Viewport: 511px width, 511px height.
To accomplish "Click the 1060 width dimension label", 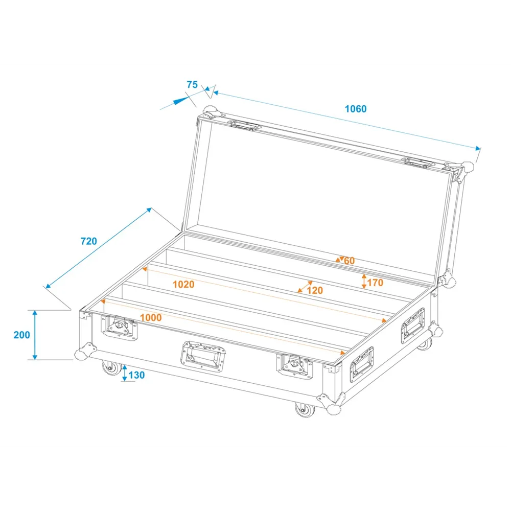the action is tap(356, 109).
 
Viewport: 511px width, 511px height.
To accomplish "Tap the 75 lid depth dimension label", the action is tap(192, 85).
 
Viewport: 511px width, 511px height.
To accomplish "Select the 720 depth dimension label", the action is tap(88, 241).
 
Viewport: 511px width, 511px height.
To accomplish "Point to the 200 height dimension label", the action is tap(22, 335).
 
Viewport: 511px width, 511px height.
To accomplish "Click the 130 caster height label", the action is tap(136, 375).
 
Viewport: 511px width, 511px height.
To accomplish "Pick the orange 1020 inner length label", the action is tap(183, 285).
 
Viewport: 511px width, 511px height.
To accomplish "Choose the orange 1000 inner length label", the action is tap(151, 317).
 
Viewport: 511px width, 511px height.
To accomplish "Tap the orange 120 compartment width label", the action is tap(315, 290).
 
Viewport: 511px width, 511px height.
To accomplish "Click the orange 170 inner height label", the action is tap(375, 283).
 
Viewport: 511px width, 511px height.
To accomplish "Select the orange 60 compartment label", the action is tap(350, 261).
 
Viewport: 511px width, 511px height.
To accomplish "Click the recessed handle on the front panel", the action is tap(203, 356).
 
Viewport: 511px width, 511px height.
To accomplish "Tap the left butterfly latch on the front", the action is tap(119, 327).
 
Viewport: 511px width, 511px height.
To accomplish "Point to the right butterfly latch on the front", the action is tap(294, 366).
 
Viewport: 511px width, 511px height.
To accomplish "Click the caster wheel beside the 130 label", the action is tap(111, 368).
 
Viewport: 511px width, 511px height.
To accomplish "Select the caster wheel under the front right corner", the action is tap(305, 409).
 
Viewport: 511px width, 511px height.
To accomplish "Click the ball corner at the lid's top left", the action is tap(211, 111).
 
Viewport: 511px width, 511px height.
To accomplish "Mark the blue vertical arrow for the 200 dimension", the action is tap(35, 335).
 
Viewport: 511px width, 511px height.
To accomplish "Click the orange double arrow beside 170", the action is tap(364, 282).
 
